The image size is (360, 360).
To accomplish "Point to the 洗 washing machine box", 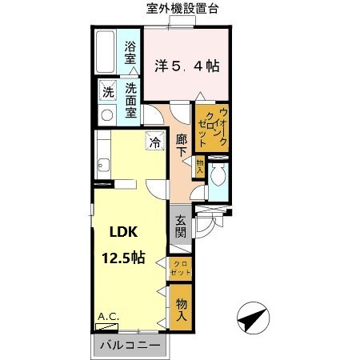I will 107,90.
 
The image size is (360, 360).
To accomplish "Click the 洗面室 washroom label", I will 130,102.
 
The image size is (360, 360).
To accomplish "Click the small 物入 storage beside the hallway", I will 199,166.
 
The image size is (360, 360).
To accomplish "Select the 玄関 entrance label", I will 181,226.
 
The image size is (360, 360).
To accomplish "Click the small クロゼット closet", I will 181,269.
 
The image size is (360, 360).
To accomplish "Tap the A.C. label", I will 108,318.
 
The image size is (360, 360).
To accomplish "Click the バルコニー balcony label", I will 131,345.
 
